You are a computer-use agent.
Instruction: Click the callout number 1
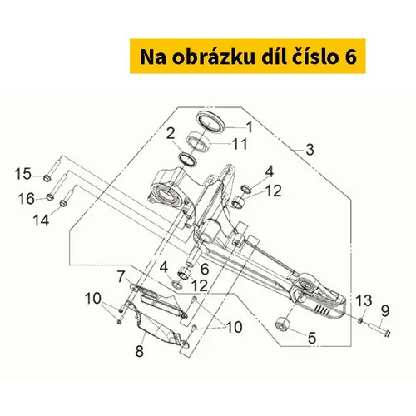pos(250,127)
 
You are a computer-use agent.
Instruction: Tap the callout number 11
pos(239,144)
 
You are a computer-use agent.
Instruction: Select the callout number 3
pos(310,150)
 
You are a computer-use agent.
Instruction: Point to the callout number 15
pos(22,174)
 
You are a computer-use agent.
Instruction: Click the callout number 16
pos(27,199)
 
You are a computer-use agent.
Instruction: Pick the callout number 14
pos(41,220)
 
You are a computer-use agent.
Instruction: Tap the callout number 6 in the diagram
pos(205,269)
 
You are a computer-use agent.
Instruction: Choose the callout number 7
pos(121,276)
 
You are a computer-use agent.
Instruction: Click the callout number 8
pos(140,351)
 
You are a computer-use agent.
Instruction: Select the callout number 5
pos(312,338)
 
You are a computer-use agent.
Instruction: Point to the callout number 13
pos(364,300)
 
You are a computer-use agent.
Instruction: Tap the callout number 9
pos(385,311)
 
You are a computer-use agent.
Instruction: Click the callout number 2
pos(171,133)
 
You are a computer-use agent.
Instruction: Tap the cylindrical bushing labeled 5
pos(283,324)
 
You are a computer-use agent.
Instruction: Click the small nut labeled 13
pos(360,320)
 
